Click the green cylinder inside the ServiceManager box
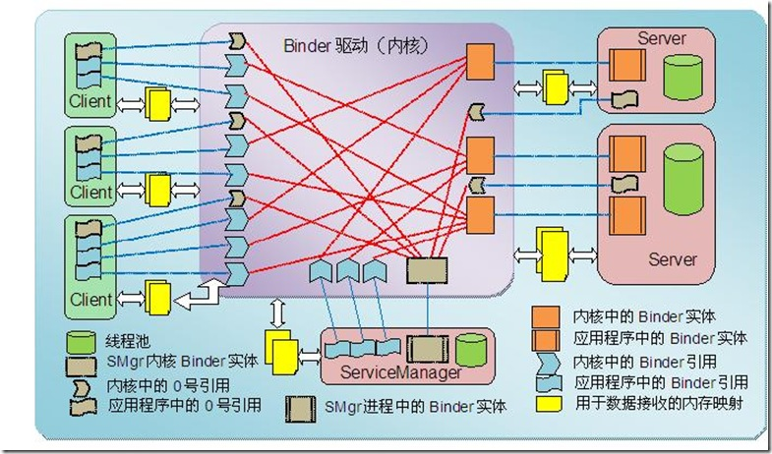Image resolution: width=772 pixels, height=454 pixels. (471, 349)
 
